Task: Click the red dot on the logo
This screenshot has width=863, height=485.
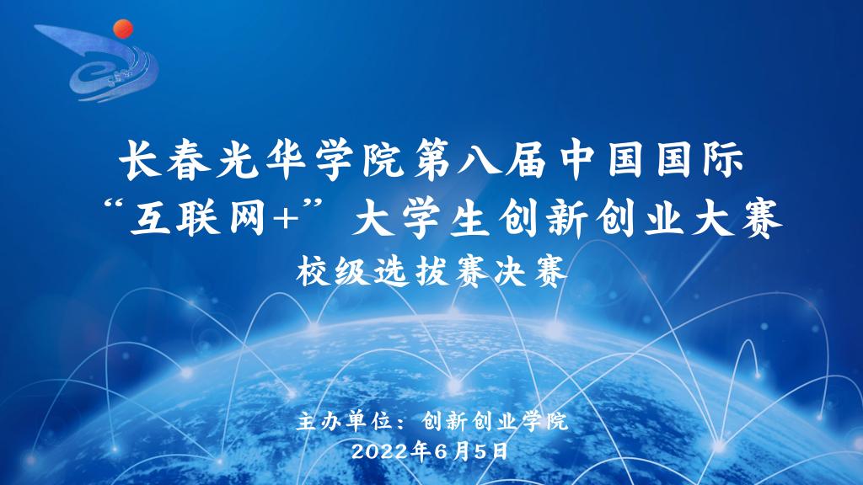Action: (x=123, y=29)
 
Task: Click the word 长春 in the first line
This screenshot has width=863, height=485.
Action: (x=165, y=161)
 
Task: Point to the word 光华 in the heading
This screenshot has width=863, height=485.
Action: (x=262, y=161)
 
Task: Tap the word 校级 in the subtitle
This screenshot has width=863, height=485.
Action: (x=333, y=271)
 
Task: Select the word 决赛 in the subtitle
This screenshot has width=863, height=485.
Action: (x=530, y=271)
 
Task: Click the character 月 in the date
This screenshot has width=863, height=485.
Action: (x=463, y=451)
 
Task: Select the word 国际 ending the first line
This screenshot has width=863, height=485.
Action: (x=700, y=161)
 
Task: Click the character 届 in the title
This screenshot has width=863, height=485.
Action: (x=526, y=161)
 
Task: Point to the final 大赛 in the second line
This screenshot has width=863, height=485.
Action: (x=737, y=219)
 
